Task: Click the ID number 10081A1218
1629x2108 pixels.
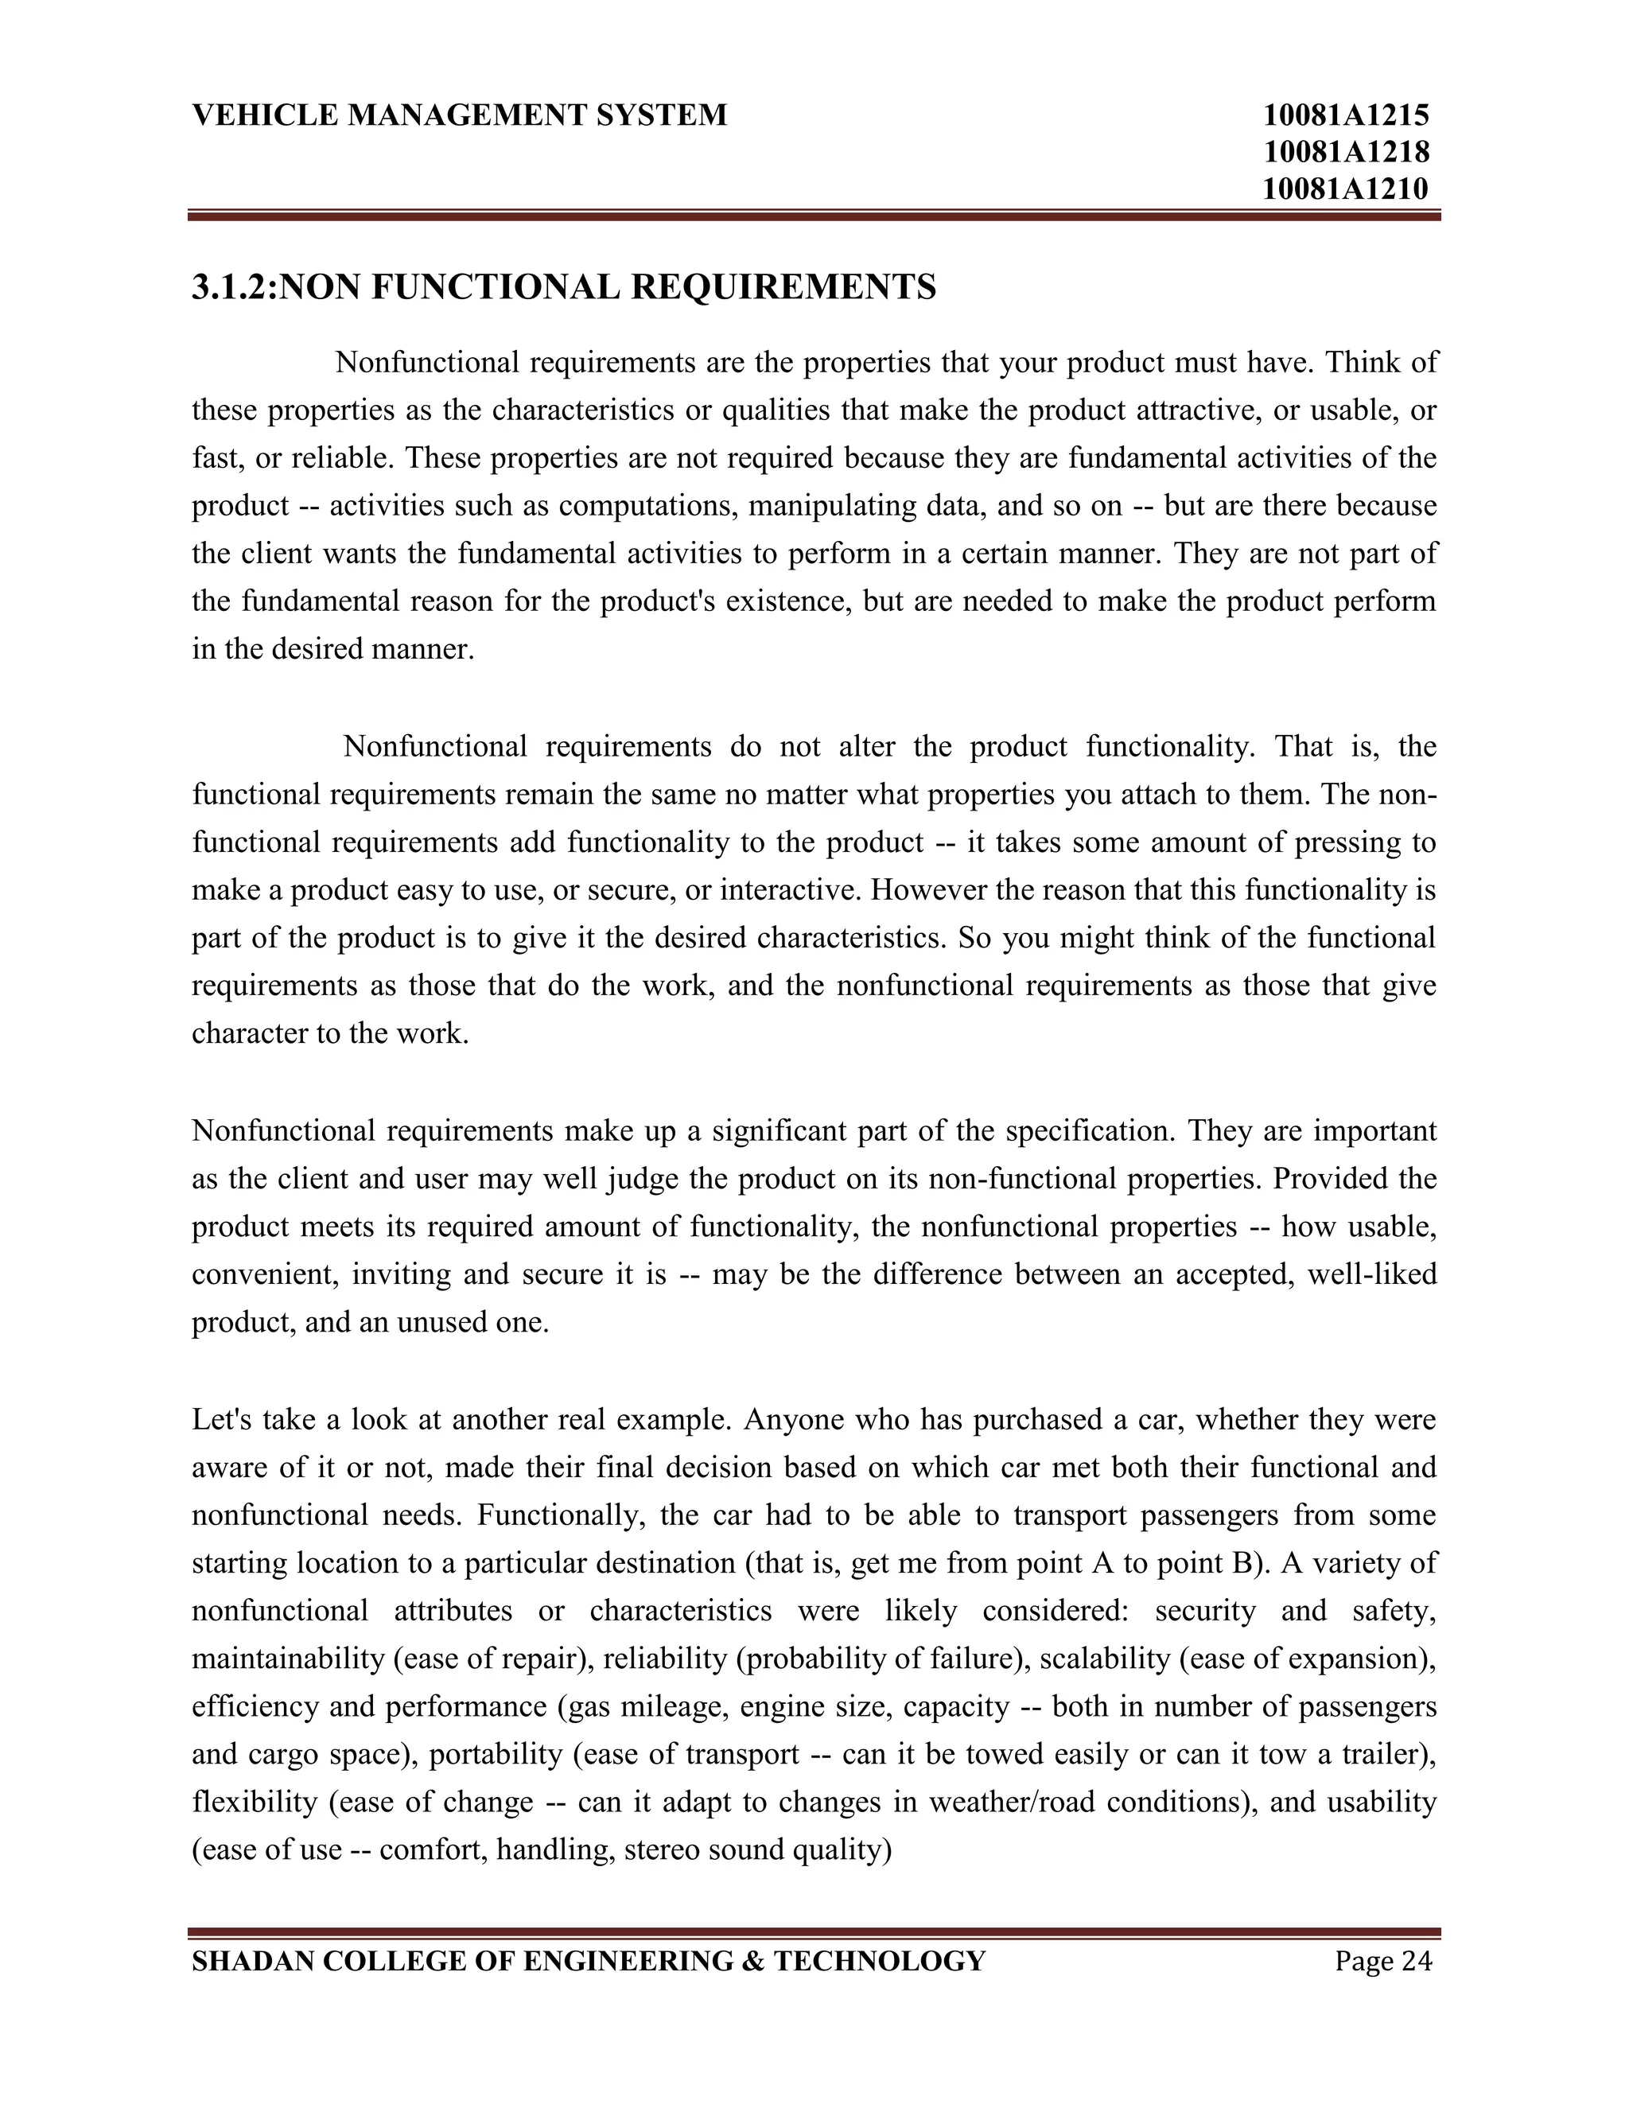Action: click(x=1347, y=151)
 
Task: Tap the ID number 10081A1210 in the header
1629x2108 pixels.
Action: click(x=1347, y=189)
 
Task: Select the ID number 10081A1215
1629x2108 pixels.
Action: click(x=1347, y=116)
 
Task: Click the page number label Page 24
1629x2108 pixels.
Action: click(x=1383, y=1962)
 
